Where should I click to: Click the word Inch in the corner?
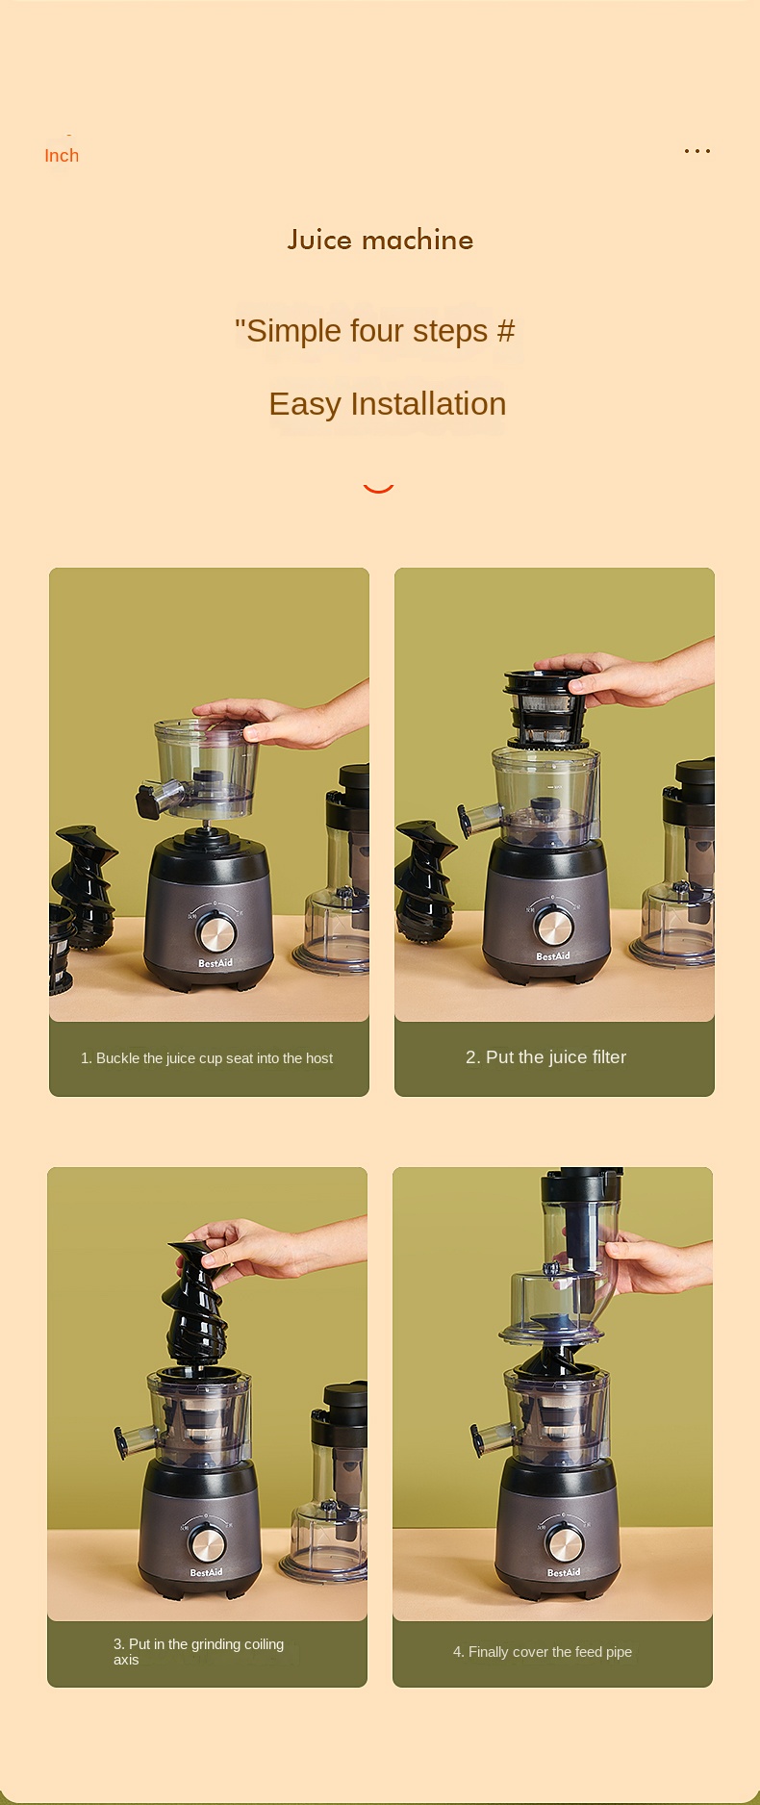tap(62, 156)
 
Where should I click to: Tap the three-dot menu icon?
tap(697, 151)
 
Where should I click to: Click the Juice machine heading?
tap(380, 240)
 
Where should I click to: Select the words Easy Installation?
tap(388, 404)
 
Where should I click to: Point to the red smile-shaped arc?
tap(379, 489)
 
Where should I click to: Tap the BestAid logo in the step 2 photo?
tap(553, 956)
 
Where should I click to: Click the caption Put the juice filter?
tap(546, 1057)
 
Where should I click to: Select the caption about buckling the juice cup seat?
tap(207, 1058)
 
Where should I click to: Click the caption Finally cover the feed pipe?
tap(543, 1652)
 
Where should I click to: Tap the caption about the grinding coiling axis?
tap(198, 1652)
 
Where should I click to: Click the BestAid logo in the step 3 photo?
tap(206, 1572)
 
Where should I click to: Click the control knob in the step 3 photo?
tap(207, 1542)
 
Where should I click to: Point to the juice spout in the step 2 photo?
tap(475, 820)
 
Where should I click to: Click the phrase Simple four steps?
tap(367, 331)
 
